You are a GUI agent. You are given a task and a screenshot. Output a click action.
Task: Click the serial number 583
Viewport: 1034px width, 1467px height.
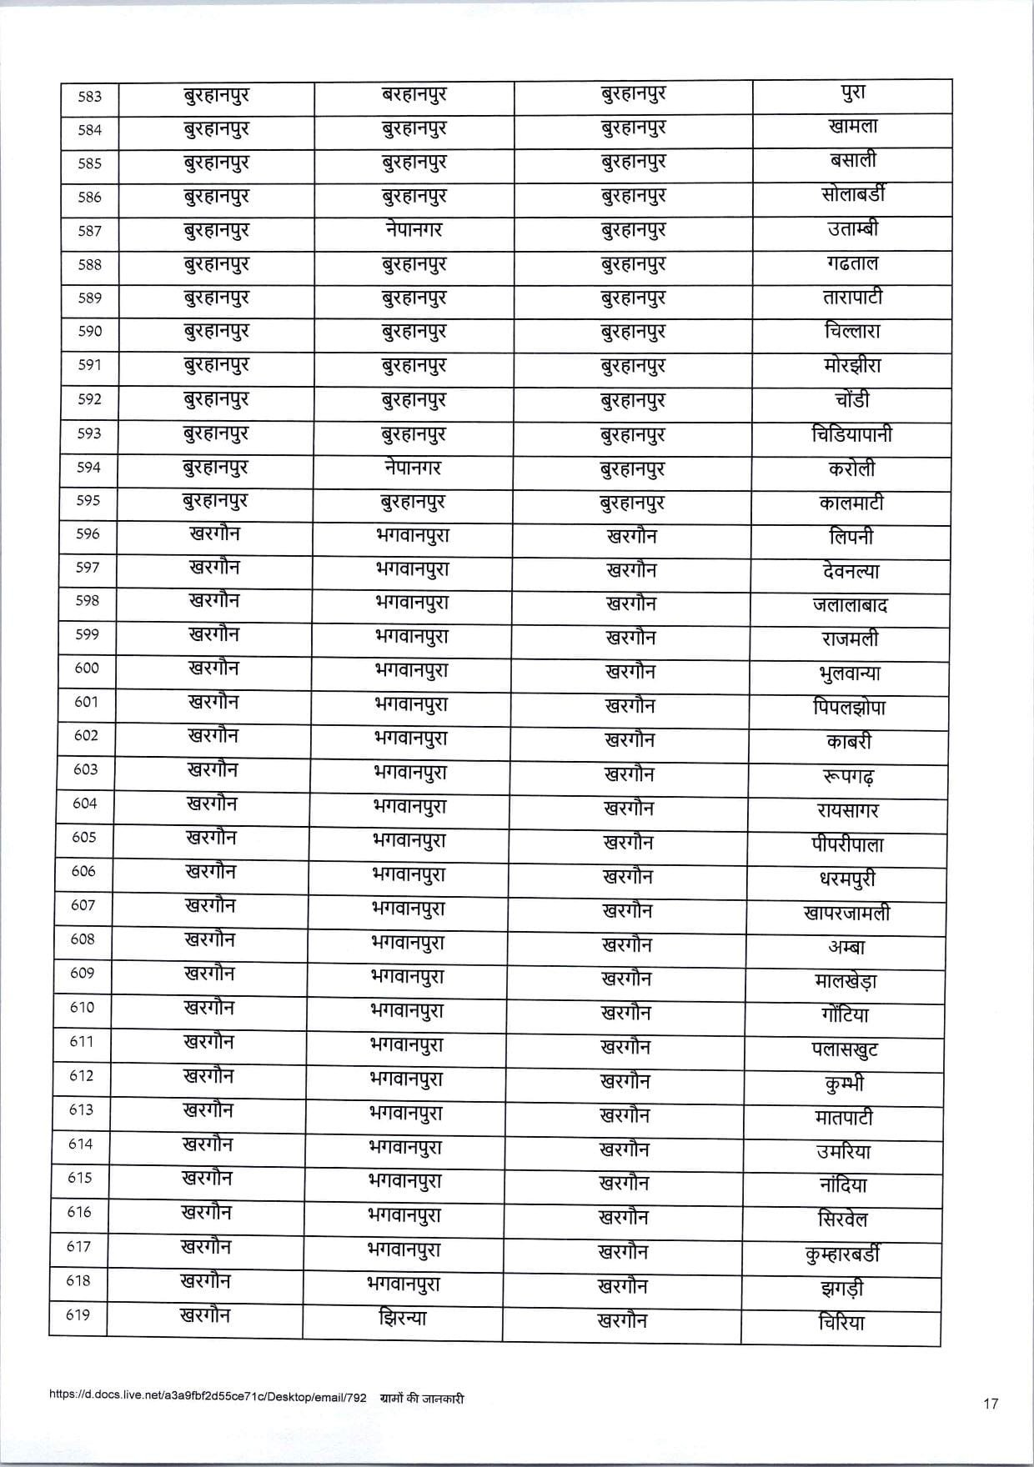(x=89, y=97)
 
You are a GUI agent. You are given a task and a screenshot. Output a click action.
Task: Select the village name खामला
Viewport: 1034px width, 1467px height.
(x=853, y=128)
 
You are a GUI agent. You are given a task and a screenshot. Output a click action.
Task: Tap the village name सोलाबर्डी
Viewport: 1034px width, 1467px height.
(x=853, y=195)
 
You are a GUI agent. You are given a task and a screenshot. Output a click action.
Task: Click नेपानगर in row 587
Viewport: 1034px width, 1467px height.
(x=414, y=229)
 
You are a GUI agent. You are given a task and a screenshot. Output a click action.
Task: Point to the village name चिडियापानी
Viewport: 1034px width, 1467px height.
(x=851, y=434)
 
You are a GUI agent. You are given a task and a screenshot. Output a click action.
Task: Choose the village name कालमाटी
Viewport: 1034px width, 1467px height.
(x=851, y=503)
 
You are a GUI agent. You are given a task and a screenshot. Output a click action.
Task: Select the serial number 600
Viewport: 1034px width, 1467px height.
(x=87, y=668)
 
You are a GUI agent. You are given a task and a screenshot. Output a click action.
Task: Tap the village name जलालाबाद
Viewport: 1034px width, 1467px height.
(x=850, y=605)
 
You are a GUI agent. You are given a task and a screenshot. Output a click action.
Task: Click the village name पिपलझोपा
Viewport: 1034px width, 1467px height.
(x=849, y=708)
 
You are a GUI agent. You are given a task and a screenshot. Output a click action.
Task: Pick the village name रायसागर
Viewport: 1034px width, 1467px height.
(x=848, y=810)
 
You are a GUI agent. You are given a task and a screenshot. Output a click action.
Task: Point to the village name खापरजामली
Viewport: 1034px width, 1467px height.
(x=846, y=913)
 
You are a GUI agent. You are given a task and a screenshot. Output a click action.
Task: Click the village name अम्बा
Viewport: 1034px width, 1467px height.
(x=846, y=947)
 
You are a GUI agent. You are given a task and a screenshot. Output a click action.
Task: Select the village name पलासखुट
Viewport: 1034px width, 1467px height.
(x=845, y=1049)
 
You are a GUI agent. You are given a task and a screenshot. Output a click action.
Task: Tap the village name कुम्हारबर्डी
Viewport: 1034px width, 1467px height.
(x=843, y=1254)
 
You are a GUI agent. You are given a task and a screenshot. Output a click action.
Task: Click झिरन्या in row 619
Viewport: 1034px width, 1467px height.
(x=402, y=1319)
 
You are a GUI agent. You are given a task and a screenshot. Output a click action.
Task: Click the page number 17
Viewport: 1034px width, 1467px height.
(x=990, y=1404)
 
